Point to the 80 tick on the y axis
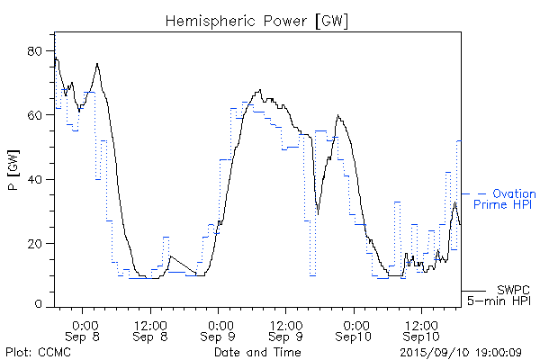[37, 51]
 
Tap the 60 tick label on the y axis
[37, 115]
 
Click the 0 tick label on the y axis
[40, 305]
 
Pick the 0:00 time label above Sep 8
[84, 324]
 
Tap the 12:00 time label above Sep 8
[149, 324]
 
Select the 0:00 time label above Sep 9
[219, 324]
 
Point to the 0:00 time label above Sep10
[354, 324]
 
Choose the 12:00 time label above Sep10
[420, 324]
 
